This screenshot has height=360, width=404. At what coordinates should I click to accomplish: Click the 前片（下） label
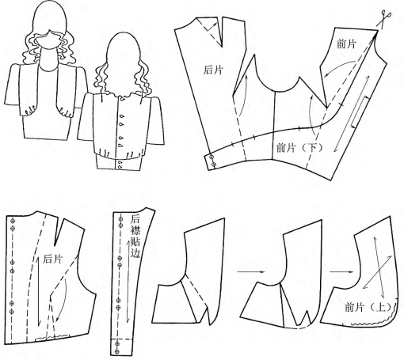pyautogui.click(x=299, y=147)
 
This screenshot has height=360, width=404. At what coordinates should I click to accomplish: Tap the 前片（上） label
pyautogui.click(x=368, y=307)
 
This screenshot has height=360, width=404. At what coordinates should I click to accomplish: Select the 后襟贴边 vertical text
pyautogui.click(x=135, y=237)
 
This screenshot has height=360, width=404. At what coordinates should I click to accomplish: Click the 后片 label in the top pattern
pyautogui.click(x=213, y=70)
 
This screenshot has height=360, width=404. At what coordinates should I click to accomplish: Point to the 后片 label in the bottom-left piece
pyautogui.click(x=53, y=259)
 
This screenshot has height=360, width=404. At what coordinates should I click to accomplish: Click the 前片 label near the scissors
pyautogui.click(x=347, y=44)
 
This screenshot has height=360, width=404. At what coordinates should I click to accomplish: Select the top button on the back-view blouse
pyautogui.click(x=122, y=99)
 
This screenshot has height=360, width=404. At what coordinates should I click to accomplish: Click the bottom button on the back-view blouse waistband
pyautogui.click(x=120, y=166)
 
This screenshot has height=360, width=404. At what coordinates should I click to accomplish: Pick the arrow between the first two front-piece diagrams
pyautogui.click(x=250, y=271)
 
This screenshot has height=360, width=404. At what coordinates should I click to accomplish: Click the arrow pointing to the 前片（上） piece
pyautogui.click(x=341, y=271)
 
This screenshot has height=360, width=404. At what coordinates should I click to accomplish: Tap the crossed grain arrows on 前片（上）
pyautogui.click(x=378, y=272)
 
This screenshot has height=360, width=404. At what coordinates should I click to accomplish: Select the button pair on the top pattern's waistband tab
pyautogui.click(x=212, y=161)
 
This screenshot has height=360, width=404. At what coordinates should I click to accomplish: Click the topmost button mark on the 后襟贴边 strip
pyautogui.click(x=121, y=218)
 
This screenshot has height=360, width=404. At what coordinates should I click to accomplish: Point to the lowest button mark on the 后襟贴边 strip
pyautogui.click(x=117, y=351)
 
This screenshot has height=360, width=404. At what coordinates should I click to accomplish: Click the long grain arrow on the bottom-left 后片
pyautogui.click(x=39, y=291)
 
